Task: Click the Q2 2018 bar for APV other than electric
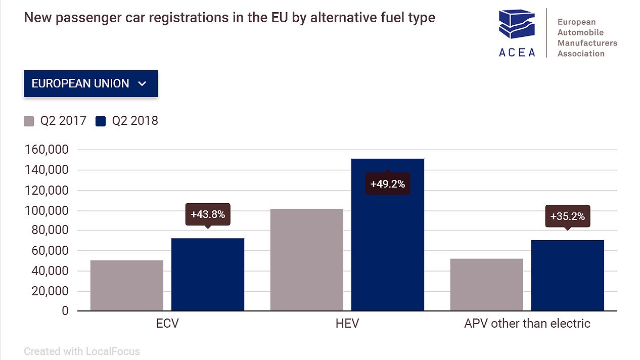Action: tap(568, 275)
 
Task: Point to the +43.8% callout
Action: tap(208, 214)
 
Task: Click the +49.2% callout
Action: tap(388, 184)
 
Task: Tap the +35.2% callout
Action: tap(568, 216)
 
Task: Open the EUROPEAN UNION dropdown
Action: tap(90, 83)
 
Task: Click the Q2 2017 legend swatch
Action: tap(29, 121)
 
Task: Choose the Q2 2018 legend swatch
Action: tap(101, 121)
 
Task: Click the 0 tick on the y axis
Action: tap(65, 311)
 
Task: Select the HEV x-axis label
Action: tap(347, 324)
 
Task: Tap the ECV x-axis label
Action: tap(167, 324)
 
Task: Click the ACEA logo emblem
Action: tap(517, 25)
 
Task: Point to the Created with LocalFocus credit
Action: tap(82, 351)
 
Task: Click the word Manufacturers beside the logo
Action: tap(587, 43)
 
